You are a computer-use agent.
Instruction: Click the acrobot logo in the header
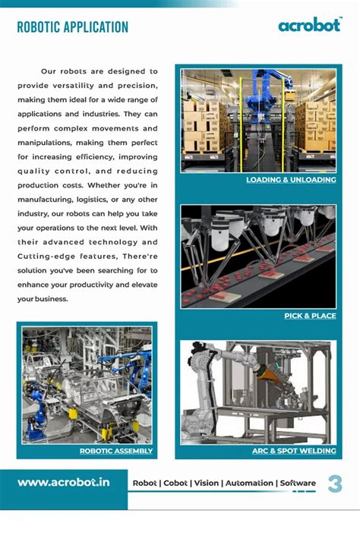309,25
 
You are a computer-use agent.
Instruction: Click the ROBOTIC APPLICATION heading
72,28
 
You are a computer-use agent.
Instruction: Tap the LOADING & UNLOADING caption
291,181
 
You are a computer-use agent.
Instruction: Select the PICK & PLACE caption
310,316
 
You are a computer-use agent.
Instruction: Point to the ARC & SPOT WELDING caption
294,451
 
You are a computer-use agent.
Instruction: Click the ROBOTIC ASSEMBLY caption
116,451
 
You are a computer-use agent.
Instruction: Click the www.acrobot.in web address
64,482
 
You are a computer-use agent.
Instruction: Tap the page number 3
335,483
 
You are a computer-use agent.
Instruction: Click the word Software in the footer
298,483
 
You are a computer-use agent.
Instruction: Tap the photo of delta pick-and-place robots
258,257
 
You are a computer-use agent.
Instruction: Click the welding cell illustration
258,392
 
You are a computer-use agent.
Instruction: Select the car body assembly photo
87,385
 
